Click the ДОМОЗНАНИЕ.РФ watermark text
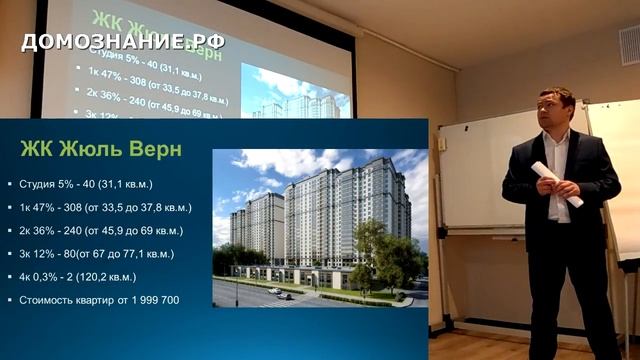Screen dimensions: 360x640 click(x=123, y=42)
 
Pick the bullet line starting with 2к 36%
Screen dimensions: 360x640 click(x=101, y=230)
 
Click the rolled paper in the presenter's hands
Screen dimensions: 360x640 click(x=556, y=183)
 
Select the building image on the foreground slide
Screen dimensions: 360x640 click(x=320, y=227)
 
